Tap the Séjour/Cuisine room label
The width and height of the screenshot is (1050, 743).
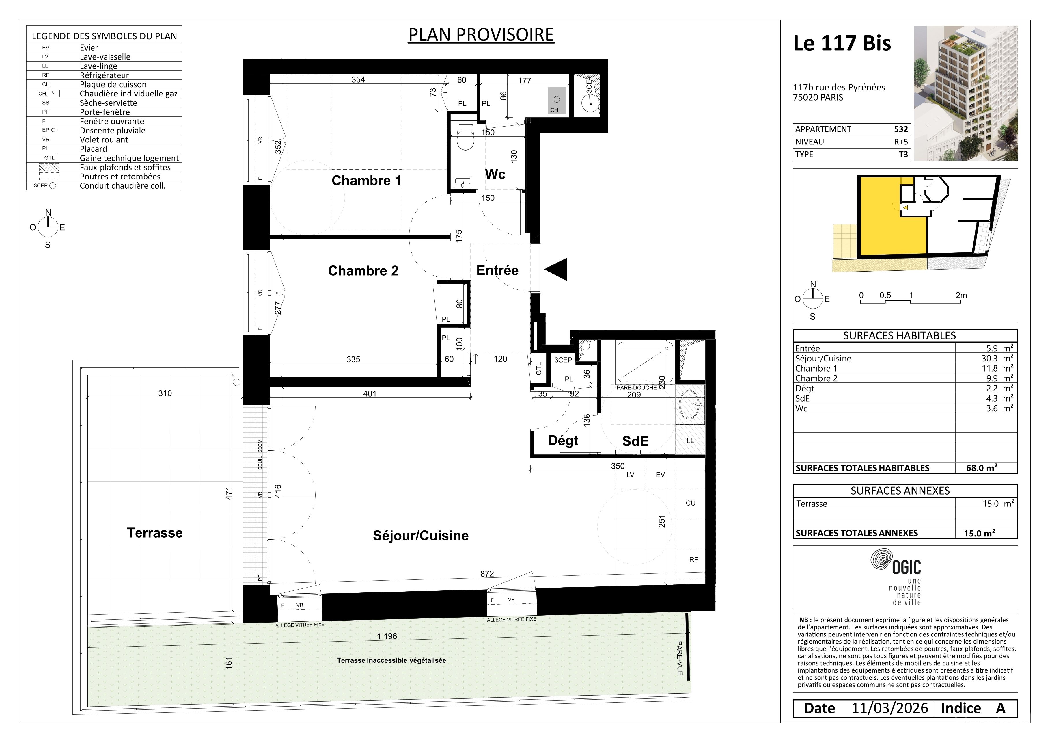click(421, 536)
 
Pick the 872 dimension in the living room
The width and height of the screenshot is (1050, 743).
click(487, 574)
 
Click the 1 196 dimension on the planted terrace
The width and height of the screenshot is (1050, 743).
click(387, 636)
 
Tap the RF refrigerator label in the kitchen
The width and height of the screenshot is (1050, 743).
click(694, 560)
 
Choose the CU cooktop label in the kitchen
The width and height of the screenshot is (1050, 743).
click(691, 503)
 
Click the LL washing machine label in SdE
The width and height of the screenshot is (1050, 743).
click(690, 441)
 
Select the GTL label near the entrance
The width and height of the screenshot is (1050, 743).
click(539, 368)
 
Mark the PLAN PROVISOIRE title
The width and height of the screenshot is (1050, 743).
click(481, 35)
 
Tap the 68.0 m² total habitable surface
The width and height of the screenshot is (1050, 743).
click(981, 468)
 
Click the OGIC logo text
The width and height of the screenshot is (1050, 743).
click(907, 568)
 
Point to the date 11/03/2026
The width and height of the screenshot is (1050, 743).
click(889, 709)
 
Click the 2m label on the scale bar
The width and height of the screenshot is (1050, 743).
click(961, 296)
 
